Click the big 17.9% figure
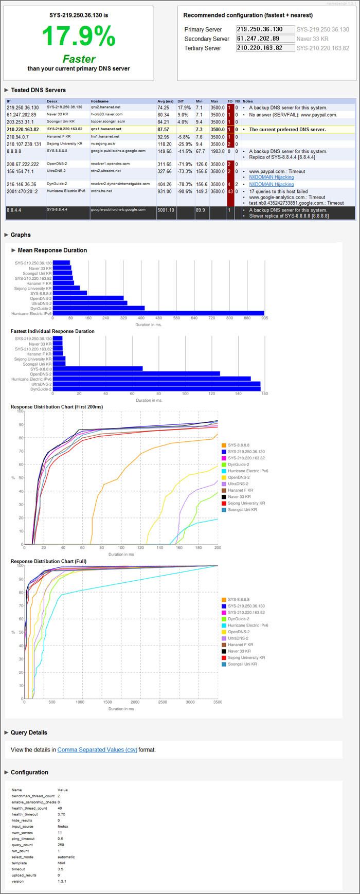coord(78,37)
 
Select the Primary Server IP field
coord(265,30)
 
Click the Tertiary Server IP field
coord(265,48)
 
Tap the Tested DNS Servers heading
coord(38,90)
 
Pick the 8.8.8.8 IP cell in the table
coord(14,152)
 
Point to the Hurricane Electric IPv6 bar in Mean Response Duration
coord(158,313)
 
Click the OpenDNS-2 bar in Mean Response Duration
coord(88,298)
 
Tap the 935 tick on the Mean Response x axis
coord(264,318)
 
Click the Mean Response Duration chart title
coord(52,251)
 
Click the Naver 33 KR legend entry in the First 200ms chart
coord(239,497)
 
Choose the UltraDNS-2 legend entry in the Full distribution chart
coord(238,638)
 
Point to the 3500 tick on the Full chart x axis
coord(218,702)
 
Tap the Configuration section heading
coord(29,773)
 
